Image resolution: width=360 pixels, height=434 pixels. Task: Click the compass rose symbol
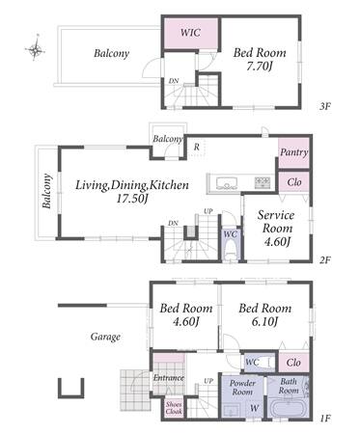point(35,48)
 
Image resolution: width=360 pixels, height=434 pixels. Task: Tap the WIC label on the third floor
point(190,33)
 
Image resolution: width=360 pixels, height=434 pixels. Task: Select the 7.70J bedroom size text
point(260,67)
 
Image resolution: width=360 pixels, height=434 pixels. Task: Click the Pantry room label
point(293,152)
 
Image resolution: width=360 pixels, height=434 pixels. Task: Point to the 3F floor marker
point(325,106)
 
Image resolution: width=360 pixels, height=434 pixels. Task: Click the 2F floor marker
point(325,259)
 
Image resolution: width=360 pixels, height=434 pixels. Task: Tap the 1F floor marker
point(325,419)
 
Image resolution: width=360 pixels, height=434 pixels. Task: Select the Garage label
point(105,337)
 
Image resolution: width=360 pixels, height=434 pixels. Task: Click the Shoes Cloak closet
point(174,408)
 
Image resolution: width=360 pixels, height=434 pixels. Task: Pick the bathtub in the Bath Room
point(288,409)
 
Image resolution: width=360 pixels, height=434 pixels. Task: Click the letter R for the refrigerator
point(197,147)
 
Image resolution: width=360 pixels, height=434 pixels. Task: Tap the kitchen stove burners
point(263,182)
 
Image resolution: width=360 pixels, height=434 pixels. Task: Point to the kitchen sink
point(227,183)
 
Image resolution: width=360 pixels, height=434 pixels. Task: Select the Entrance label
point(169,378)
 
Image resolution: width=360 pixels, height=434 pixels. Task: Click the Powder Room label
point(242,388)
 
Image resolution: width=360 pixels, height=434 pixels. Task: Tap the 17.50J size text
point(132,199)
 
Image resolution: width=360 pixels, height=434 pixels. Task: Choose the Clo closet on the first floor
point(293,363)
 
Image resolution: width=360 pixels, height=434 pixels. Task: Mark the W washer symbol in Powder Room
point(254,408)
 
